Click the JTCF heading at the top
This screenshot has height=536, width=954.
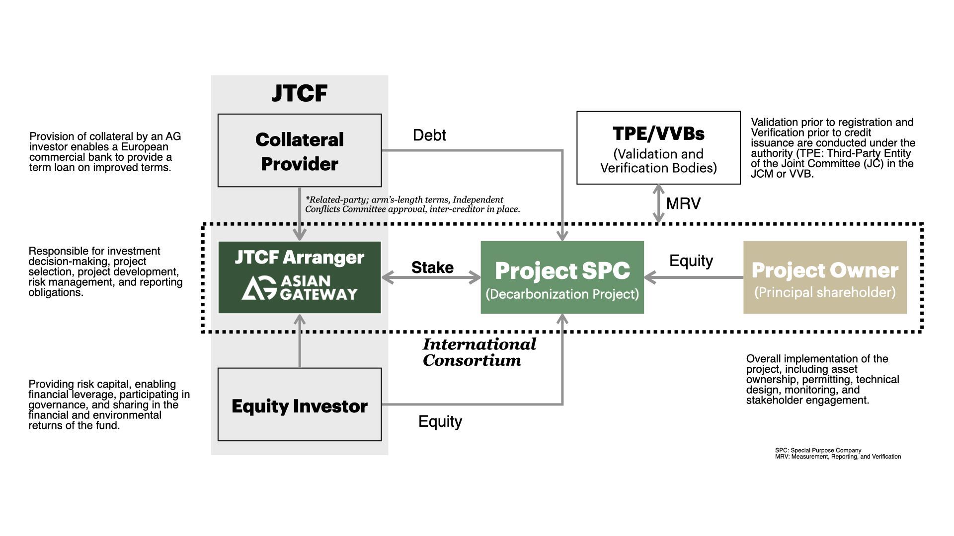[300, 93]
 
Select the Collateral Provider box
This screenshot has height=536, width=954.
[300, 150]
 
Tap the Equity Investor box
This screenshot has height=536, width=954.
[300, 404]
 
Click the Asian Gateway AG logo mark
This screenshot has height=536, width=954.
[259, 288]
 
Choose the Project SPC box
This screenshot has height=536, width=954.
[562, 277]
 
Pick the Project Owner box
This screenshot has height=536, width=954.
[825, 277]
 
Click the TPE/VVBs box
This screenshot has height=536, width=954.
[658, 147]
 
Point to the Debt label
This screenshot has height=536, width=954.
[429, 135]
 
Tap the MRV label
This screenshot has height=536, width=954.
[683, 203]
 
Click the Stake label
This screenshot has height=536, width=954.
[432, 268]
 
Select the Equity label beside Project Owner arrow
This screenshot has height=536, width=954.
[691, 261]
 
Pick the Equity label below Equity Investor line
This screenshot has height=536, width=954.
[440, 421]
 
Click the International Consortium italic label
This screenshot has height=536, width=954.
[479, 352]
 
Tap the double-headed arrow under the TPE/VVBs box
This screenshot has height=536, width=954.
[658, 203]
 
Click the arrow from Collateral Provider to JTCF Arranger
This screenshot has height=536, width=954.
[300, 213]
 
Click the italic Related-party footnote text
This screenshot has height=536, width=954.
[412, 204]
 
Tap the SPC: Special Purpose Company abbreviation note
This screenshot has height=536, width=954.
[818, 451]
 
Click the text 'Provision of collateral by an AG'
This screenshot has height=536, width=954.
[105, 136]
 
